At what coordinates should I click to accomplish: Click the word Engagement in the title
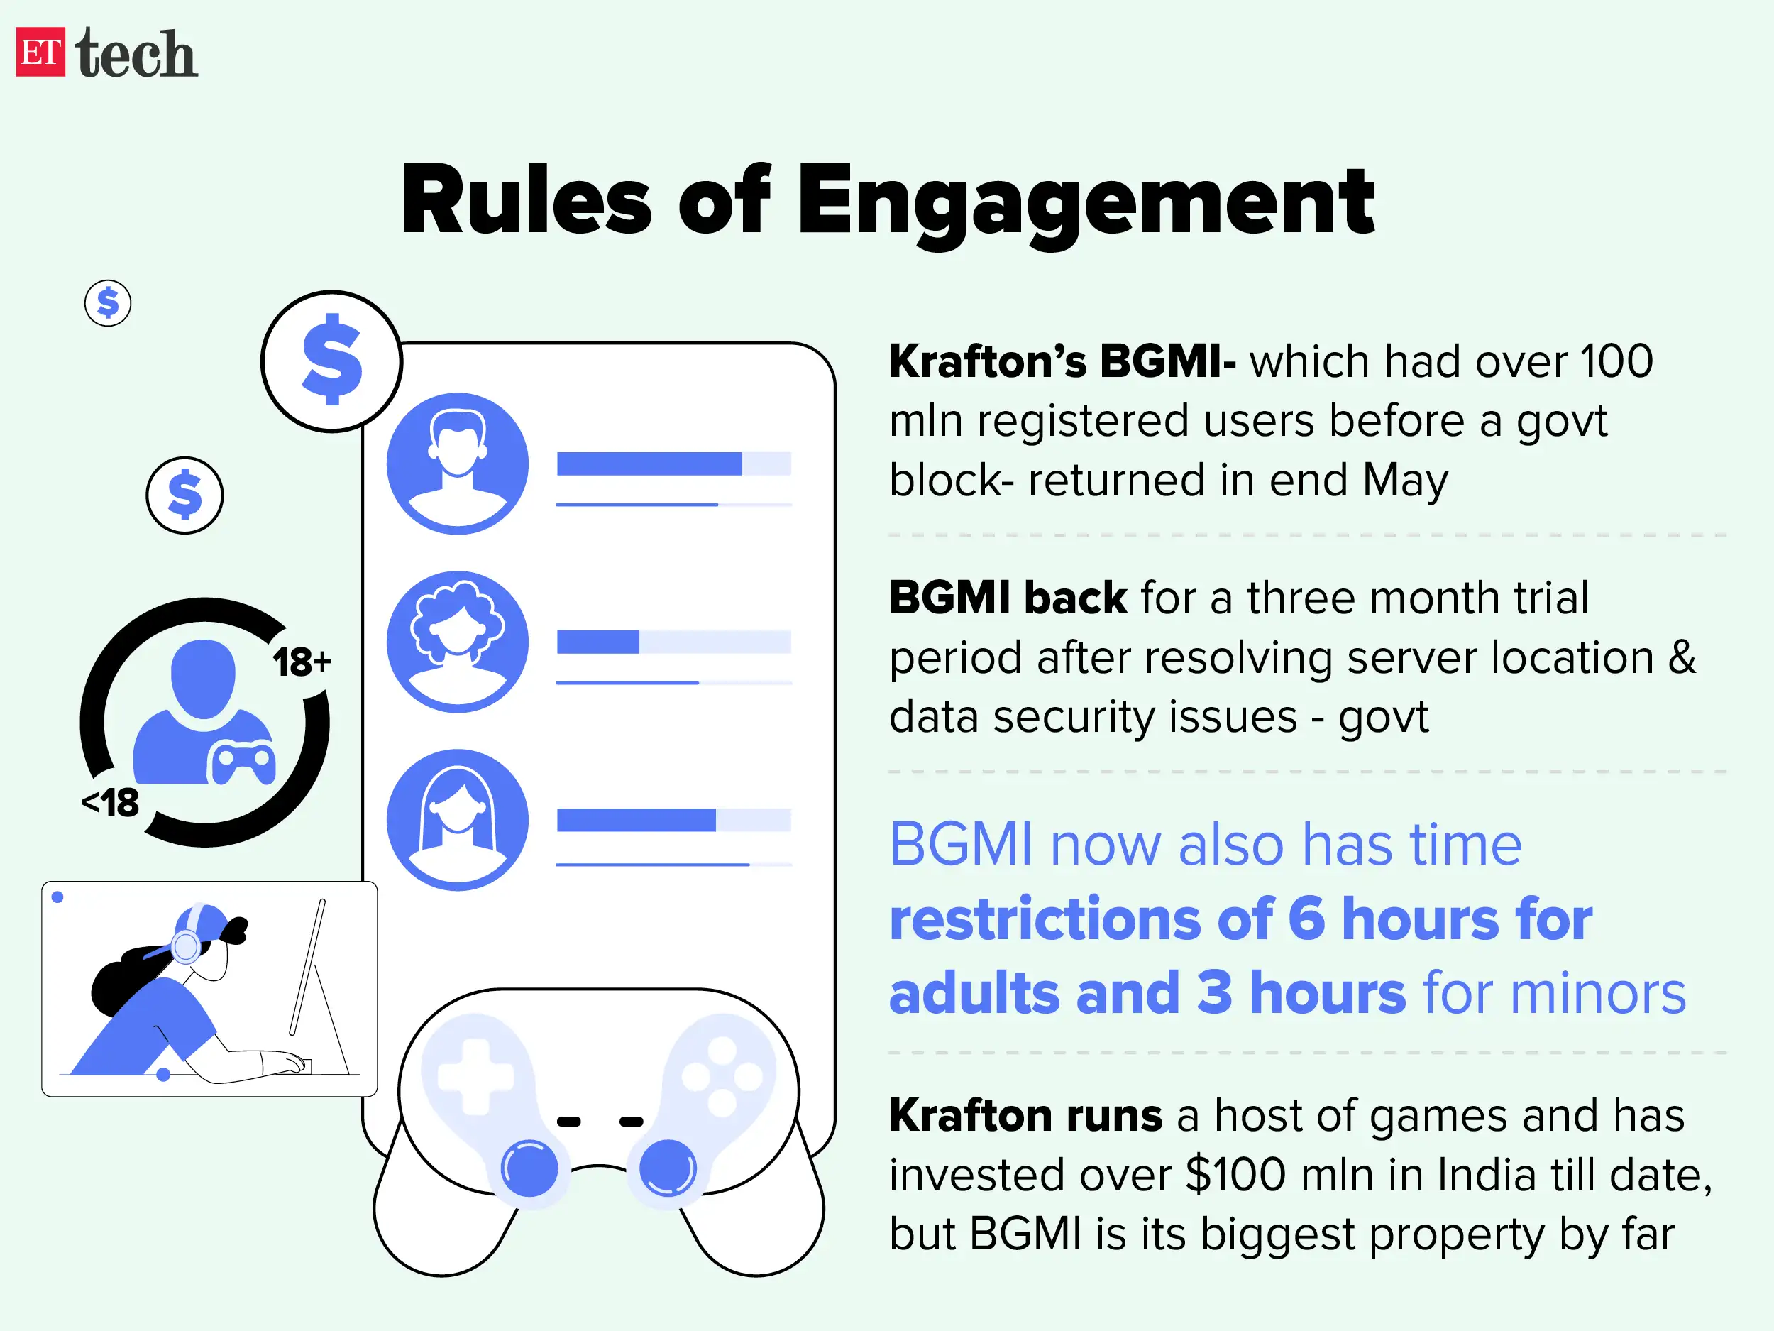(1085, 201)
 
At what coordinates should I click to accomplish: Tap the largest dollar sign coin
(331, 361)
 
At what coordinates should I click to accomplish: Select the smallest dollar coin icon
(107, 303)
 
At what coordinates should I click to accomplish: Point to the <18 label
(111, 803)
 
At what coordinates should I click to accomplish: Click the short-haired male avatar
(457, 464)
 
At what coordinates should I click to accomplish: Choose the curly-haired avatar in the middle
(457, 642)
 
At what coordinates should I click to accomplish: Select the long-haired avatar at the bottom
(457, 820)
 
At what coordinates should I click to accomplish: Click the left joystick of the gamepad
(529, 1169)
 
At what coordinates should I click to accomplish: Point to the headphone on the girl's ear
(186, 947)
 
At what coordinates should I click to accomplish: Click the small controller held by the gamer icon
(242, 763)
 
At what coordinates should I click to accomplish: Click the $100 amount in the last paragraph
(1235, 1176)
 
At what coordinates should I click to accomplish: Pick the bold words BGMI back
(1008, 598)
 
